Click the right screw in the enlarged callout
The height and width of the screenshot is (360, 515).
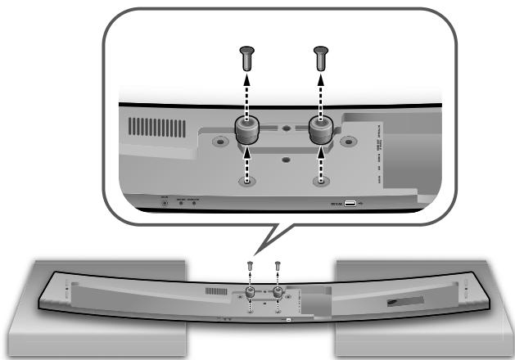[x=320, y=58]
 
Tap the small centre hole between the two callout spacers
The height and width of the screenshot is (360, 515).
[x=284, y=128]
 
